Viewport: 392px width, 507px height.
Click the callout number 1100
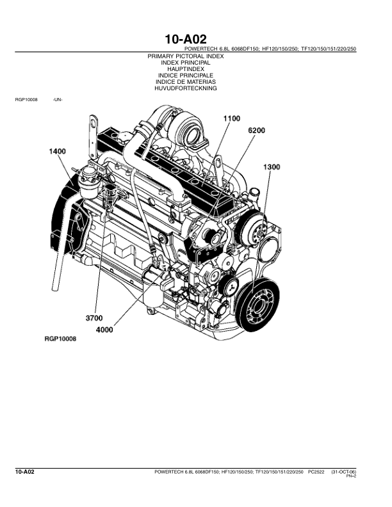click(x=231, y=119)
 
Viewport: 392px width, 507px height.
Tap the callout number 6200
click(x=256, y=131)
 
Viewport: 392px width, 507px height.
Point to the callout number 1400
click(x=57, y=151)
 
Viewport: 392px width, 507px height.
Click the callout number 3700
click(x=95, y=317)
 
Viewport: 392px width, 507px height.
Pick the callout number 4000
click(x=104, y=330)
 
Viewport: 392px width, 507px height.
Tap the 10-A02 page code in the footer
click(x=25, y=472)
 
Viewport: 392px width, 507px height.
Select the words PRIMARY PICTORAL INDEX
click(x=186, y=56)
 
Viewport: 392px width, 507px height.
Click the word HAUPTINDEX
click(x=186, y=69)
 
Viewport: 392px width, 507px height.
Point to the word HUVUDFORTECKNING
click(x=186, y=88)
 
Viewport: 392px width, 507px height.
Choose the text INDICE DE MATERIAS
click(x=186, y=82)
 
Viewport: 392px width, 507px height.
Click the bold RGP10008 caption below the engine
click(x=61, y=339)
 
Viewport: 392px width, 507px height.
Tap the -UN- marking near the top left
click(x=58, y=101)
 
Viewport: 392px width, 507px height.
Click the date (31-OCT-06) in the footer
click(x=343, y=472)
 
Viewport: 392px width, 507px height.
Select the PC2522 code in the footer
click(x=316, y=472)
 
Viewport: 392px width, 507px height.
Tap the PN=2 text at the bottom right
click(x=351, y=477)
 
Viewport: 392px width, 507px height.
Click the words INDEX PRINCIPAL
click(x=186, y=63)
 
